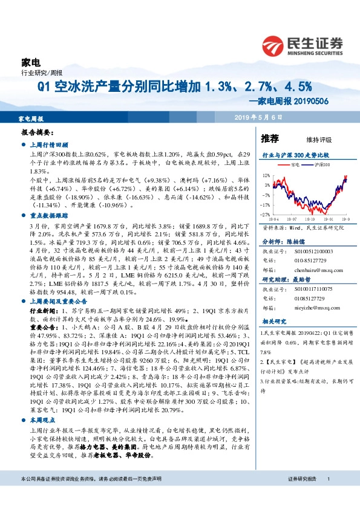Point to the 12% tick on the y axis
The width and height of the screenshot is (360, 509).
(x=267, y=176)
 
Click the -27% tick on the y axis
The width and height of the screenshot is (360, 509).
(x=266, y=215)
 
